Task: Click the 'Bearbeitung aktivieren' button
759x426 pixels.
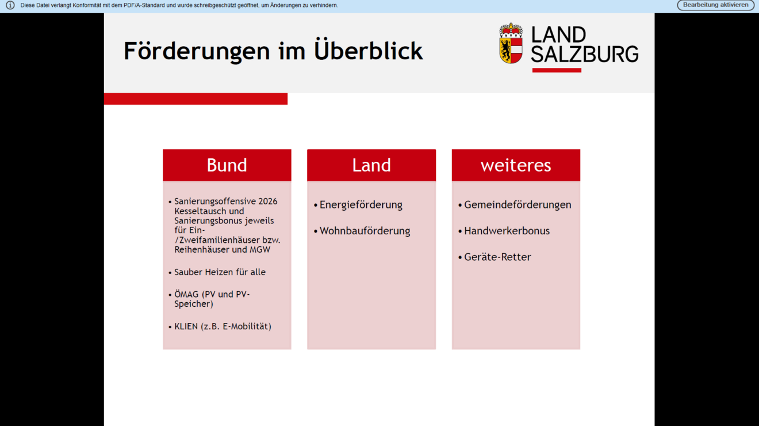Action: [715, 5]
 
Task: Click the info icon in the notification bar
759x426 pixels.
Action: [10, 5]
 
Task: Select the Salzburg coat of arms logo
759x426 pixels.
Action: [511, 43]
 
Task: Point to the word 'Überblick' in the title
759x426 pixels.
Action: [368, 51]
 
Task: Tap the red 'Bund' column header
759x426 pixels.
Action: [227, 165]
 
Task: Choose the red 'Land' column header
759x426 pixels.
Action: [371, 165]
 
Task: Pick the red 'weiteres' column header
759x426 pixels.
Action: [515, 165]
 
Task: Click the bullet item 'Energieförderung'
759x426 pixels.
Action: [361, 205]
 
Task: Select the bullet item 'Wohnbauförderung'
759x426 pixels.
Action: [365, 231]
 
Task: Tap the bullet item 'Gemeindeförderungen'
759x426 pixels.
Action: [517, 205]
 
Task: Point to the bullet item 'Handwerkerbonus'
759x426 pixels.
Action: [507, 231]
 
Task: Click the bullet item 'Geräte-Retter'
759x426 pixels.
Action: [497, 257]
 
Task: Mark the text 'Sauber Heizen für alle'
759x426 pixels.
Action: [220, 272]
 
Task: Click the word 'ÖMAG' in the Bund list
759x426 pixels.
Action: [186, 294]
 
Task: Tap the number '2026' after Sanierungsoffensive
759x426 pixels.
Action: [267, 201]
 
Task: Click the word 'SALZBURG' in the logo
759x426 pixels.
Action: [584, 54]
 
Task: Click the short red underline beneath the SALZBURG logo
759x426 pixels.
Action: [556, 70]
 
